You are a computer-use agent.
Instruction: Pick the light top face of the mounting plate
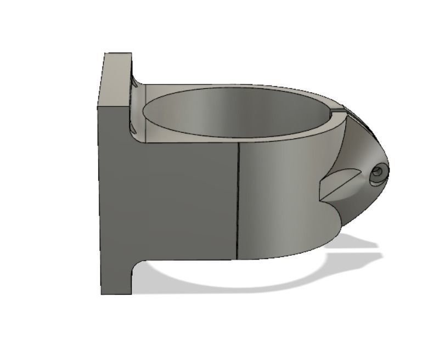point(117,77)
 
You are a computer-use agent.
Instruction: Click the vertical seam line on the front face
point(238,198)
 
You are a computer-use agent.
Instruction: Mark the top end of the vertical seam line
point(239,142)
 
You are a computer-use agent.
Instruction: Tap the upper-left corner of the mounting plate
point(105,54)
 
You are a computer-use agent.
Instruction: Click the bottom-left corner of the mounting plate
point(102,294)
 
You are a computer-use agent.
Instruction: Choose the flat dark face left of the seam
point(181,198)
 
